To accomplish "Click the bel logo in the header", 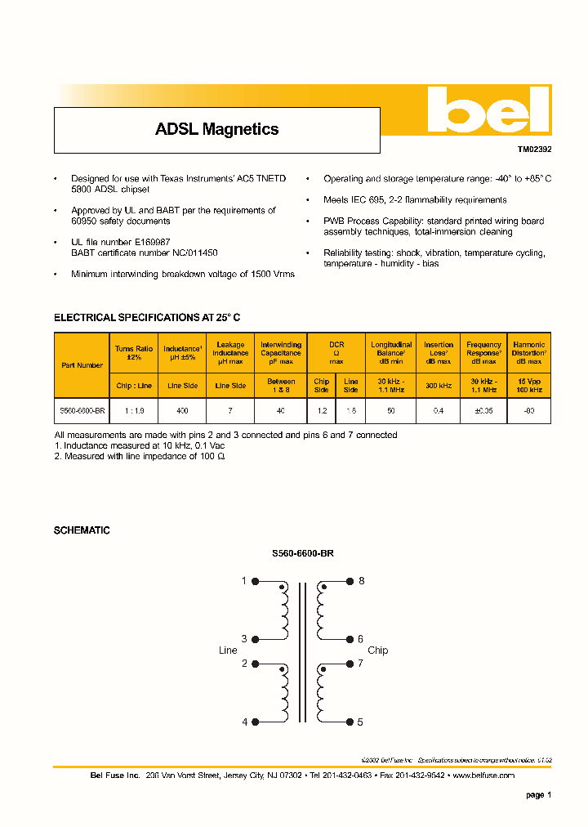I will (x=485, y=111).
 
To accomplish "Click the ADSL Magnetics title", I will (x=216, y=129).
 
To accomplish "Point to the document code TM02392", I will (x=534, y=150).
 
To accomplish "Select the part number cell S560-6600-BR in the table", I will (x=82, y=411).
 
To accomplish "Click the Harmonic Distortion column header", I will (x=528, y=352).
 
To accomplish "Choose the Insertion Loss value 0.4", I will (x=439, y=411).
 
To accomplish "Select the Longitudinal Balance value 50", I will (x=391, y=411).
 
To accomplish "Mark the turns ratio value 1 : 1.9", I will (x=134, y=411).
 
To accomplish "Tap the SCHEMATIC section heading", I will (x=82, y=530).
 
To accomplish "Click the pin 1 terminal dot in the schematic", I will (x=256, y=581).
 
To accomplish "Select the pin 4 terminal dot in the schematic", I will (x=256, y=722).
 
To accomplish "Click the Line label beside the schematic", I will (x=228, y=650).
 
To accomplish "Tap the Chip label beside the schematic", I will (x=377, y=650).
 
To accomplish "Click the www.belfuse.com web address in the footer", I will (x=483, y=775).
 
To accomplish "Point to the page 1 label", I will (x=538, y=794).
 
